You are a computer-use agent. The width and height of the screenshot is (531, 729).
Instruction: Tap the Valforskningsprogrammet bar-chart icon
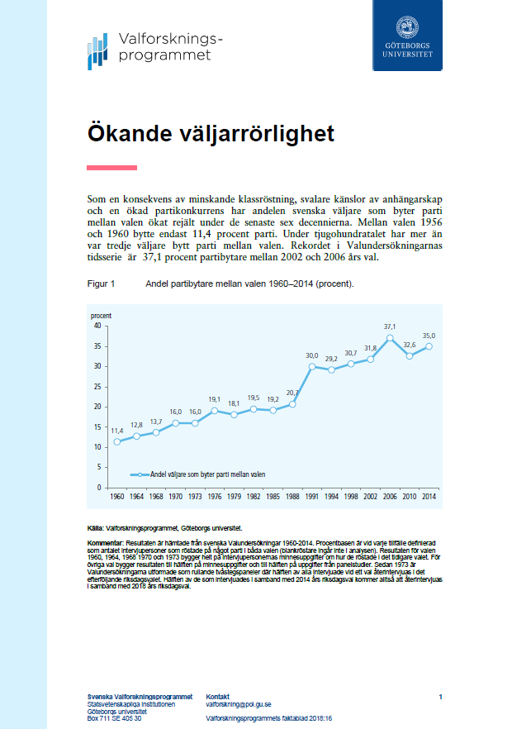97,51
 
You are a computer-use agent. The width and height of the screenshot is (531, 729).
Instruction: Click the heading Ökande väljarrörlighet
211,133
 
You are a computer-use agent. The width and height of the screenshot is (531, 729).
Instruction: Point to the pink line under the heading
111,168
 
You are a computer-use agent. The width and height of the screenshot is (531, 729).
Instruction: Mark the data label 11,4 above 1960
117,431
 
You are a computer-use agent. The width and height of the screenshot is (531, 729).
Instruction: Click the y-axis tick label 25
97,386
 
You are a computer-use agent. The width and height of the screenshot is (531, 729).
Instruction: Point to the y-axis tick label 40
97,326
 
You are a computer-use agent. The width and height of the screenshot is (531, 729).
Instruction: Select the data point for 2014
429,346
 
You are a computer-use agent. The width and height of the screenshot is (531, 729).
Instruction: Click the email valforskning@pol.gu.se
239,704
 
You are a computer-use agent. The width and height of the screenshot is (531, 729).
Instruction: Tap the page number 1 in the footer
441,697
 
